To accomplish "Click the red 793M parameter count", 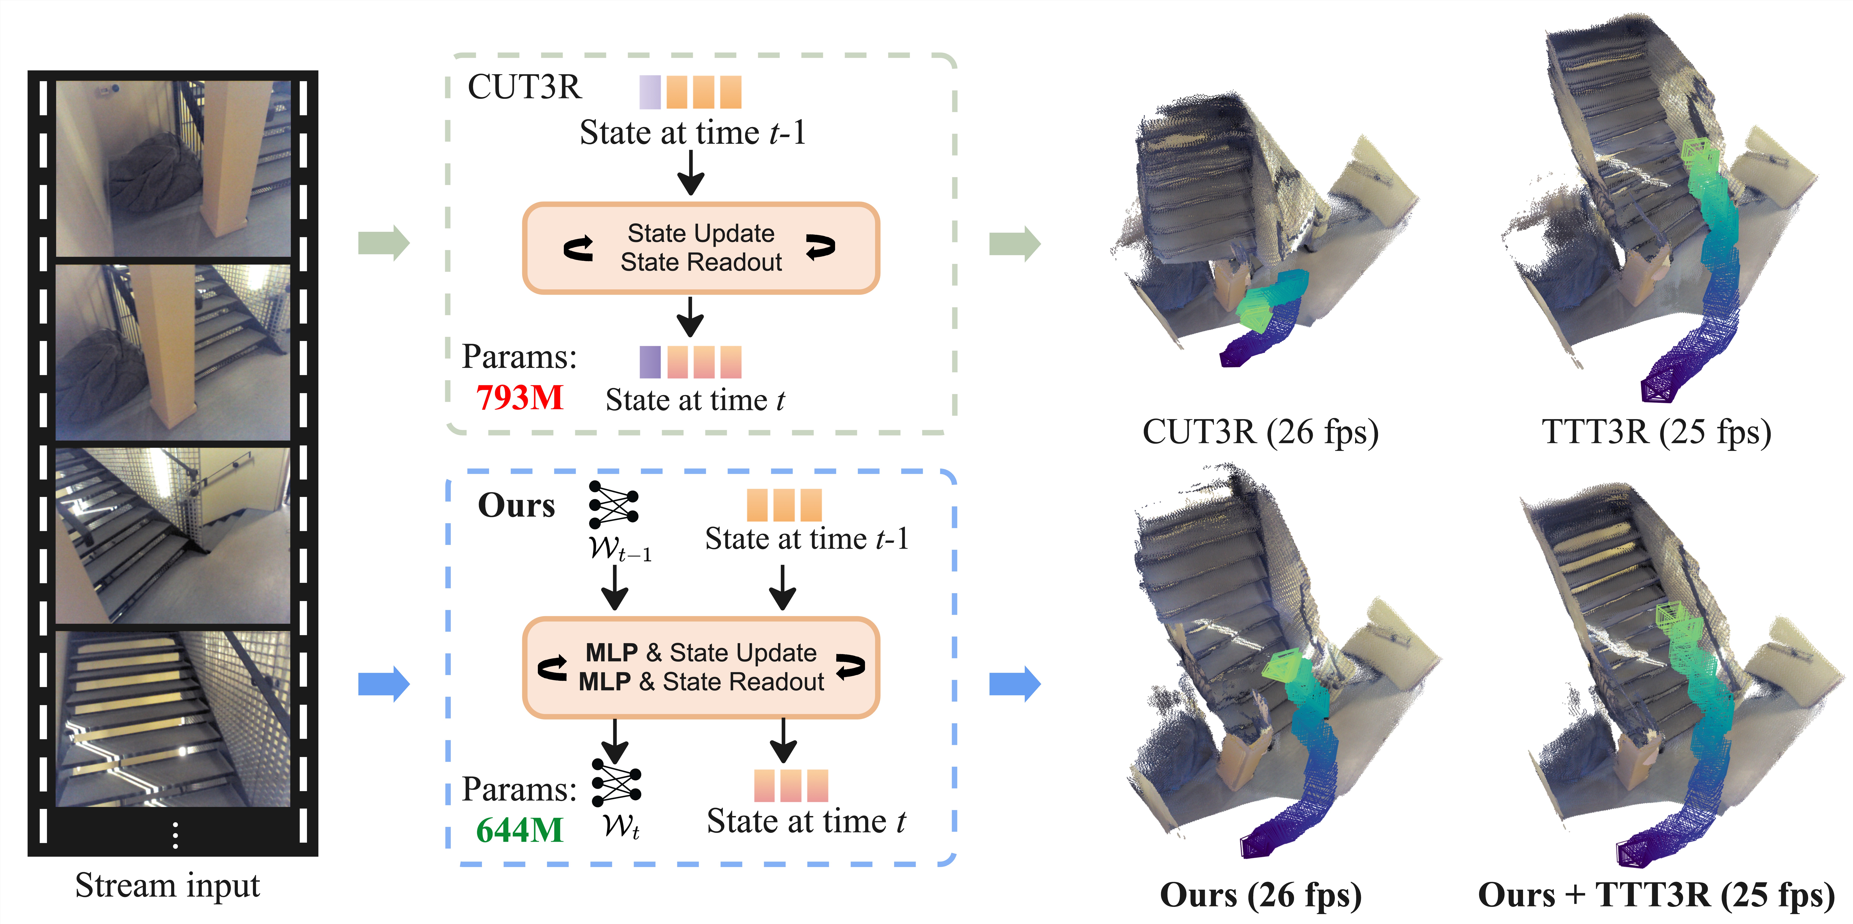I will [519, 398].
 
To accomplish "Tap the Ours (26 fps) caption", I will [1260, 894].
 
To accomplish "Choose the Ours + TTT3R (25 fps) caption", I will [1656, 894].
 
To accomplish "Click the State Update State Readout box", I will [701, 248].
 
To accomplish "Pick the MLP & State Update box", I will [701, 667].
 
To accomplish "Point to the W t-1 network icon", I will [614, 505].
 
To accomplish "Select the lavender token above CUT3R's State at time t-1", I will [650, 92].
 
